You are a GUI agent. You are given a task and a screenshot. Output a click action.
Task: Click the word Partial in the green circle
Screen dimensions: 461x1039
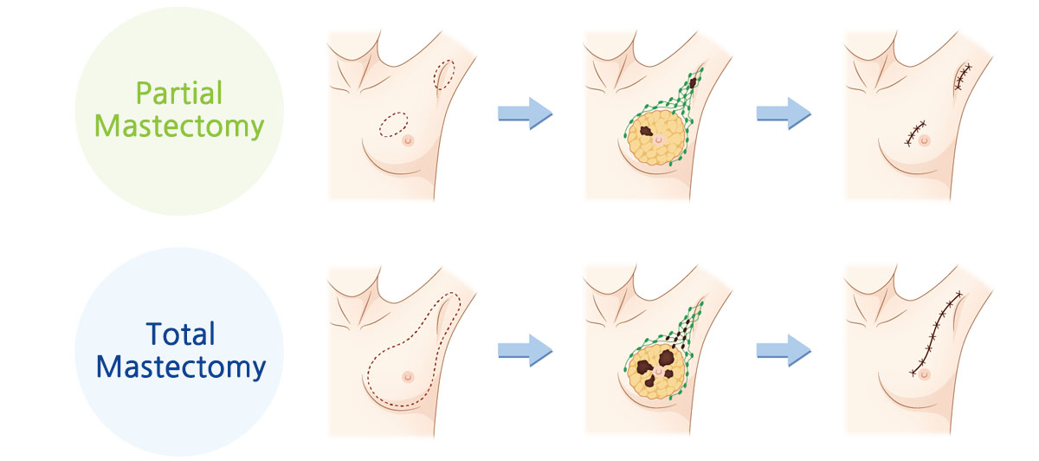pos(178,93)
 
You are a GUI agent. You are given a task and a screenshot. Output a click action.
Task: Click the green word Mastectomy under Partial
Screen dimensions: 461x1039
pos(178,126)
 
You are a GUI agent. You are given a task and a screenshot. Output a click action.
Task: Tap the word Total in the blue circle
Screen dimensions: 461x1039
pos(180,334)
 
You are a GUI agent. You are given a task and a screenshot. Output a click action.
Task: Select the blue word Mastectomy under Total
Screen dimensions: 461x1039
pos(180,367)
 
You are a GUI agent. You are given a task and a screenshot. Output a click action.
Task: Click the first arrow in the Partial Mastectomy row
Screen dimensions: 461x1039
pos(525,114)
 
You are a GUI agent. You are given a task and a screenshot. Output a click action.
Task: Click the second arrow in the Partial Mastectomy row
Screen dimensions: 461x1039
pos(783,114)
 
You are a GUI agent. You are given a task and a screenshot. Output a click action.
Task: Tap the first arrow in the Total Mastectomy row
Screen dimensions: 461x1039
pos(525,349)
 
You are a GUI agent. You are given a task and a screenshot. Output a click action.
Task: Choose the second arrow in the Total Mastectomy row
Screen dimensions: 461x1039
pos(783,349)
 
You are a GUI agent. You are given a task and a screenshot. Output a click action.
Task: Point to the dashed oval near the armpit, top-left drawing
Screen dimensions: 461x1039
pos(444,75)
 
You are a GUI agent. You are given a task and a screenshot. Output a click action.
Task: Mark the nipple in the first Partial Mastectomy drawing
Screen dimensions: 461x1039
pos(410,140)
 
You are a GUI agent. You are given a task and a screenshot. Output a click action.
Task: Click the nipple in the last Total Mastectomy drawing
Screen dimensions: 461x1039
pos(925,373)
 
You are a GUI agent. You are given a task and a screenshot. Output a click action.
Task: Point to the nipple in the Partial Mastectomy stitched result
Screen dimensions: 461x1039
pos(925,140)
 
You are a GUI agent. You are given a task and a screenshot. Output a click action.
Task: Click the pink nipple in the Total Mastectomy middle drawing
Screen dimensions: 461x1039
pos(660,371)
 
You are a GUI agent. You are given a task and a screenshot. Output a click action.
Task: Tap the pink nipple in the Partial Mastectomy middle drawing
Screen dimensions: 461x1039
pos(660,139)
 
